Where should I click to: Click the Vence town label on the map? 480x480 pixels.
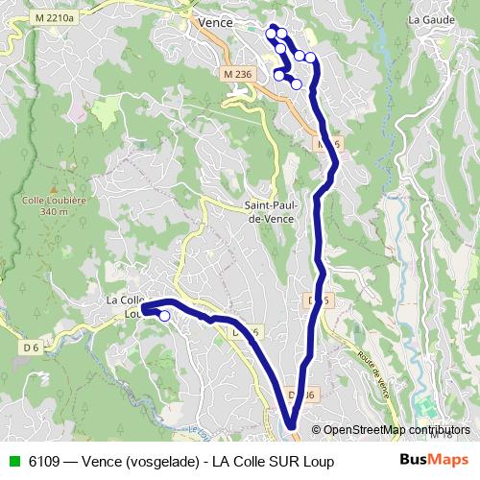[214, 21]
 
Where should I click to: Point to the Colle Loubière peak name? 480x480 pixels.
[39, 201]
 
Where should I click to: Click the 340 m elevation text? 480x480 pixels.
[39, 212]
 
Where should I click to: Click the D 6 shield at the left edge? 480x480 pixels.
[32, 347]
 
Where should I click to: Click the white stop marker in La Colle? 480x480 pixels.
[164, 315]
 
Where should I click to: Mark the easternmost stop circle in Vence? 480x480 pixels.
[310, 58]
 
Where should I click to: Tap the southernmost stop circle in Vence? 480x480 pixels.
[296, 84]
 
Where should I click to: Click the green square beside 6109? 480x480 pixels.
[13, 462]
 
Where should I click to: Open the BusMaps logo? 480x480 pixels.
[435, 460]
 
